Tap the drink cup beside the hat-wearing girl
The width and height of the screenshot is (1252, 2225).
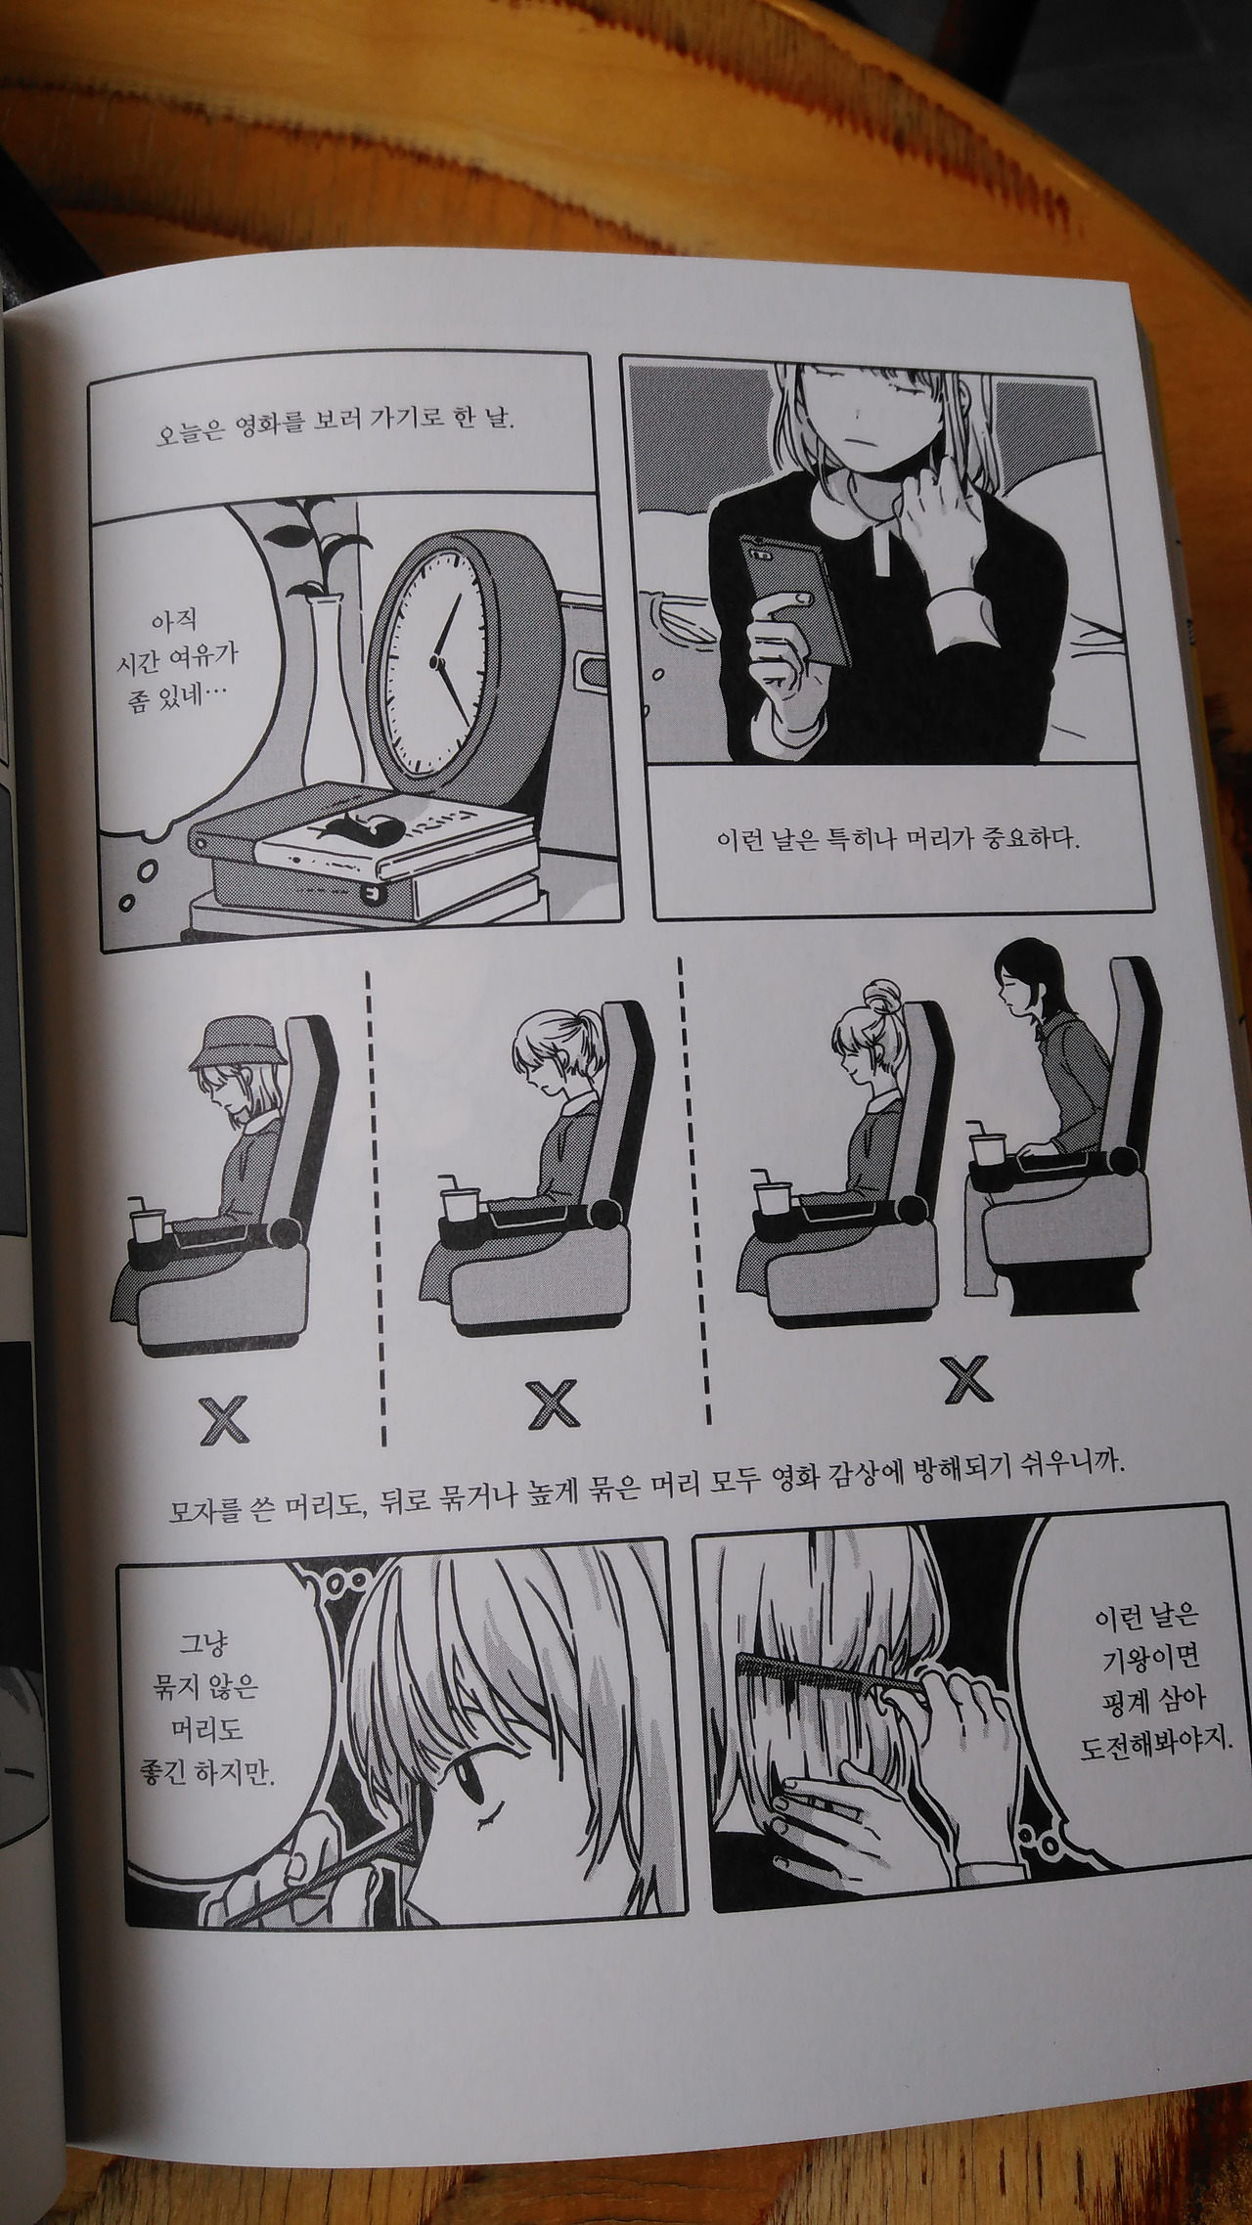(148, 1222)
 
